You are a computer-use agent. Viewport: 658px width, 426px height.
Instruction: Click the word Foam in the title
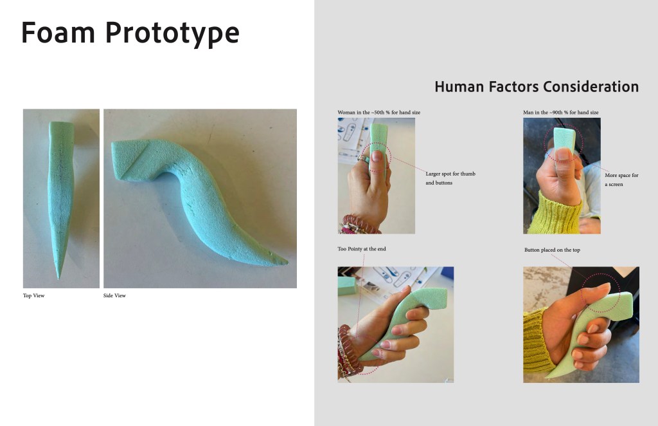tap(58, 32)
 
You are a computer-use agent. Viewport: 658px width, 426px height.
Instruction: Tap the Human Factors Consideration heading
tap(537, 86)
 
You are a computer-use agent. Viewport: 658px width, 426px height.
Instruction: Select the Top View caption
tap(33, 296)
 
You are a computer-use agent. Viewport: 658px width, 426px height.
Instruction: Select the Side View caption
tap(114, 296)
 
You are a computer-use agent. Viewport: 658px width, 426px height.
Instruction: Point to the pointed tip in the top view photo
tap(58, 278)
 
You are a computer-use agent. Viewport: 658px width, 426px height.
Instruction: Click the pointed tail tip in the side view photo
tap(287, 263)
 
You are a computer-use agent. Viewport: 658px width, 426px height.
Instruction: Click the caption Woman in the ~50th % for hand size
tap(378, 113)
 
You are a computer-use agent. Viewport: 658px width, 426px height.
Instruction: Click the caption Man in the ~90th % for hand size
tap(560, 113)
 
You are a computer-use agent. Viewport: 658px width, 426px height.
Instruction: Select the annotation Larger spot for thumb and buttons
tap(450, 178)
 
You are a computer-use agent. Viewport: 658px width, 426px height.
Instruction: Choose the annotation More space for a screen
tap(621, 180)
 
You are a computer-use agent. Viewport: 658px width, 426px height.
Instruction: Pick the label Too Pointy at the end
tap(361, 249)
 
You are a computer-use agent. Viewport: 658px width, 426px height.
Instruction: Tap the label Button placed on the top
tap(552, 250)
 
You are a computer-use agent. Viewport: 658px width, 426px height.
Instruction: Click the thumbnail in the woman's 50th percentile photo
tap(377, 156)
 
